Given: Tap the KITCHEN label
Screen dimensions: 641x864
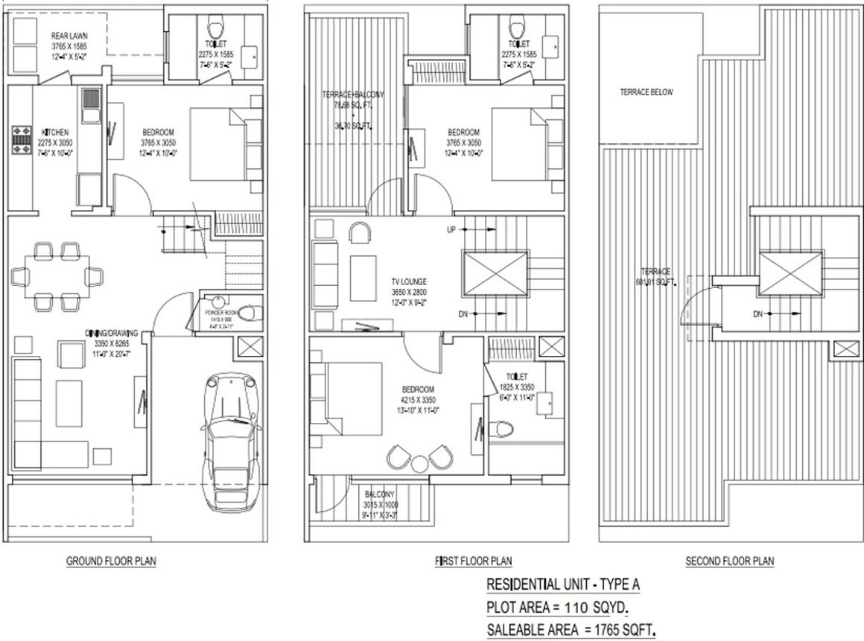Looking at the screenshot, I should [x=56, y=132].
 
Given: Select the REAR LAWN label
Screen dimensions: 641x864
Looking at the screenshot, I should [x=69, y=35].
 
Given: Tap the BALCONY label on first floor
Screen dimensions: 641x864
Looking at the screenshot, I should [x=380, y=494].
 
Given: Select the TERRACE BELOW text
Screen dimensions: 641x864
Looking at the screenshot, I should [x=646, y=92].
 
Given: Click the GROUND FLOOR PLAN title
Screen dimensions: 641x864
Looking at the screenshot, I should [x=112, y=561].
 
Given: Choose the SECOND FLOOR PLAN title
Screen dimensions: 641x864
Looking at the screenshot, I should [x=729, y=561].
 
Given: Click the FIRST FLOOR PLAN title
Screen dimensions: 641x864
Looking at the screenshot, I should [x=473, y=561].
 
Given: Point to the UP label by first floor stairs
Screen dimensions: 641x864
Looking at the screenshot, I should [x=451, y=230].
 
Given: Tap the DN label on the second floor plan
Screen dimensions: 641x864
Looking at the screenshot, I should [x=757, y=314].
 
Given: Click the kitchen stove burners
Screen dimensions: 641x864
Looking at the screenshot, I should [x=19, y=140].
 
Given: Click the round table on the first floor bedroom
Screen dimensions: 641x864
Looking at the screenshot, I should [x=420, y=463].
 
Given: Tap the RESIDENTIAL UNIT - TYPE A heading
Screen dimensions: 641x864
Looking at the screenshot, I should [x=563, y=584].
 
